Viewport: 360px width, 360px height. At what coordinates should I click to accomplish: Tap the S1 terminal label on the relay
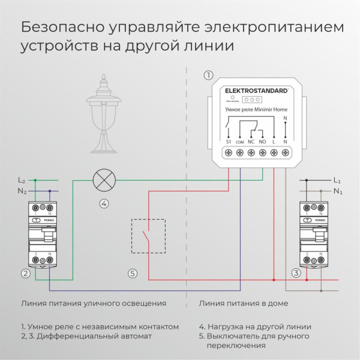[229, 141]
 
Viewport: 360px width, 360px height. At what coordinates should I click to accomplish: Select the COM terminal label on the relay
[240, 141]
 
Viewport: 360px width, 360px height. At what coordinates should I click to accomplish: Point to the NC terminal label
[251, 141]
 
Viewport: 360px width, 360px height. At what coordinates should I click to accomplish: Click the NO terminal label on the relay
[263, 141]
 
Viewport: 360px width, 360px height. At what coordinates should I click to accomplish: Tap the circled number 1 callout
[208, 76]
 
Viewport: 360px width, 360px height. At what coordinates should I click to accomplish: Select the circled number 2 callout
[25, 274]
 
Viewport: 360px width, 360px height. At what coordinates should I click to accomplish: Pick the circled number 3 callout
[296, 274]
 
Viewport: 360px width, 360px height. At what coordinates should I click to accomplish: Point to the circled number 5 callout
[133, 274]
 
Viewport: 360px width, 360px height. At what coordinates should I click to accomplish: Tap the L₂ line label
[22, 180]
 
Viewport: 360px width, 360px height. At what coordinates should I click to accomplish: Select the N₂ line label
[22, 191]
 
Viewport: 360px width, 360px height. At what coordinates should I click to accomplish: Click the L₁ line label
[337, 180]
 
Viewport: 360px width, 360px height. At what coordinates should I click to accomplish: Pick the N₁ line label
[337, 191]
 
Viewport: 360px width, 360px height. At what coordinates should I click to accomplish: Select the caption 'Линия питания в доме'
[243, 303]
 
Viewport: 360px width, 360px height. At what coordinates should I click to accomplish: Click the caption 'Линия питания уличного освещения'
[93, 303]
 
